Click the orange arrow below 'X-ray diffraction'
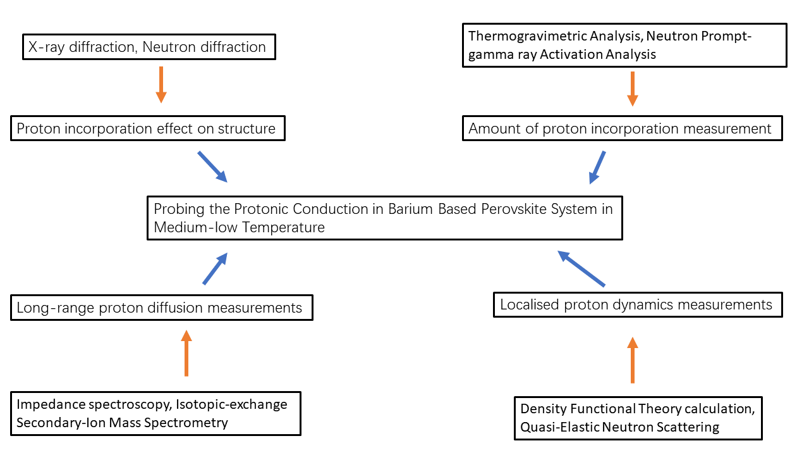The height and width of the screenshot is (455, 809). coord(161,85)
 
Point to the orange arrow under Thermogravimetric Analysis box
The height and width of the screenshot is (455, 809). coord(633,89)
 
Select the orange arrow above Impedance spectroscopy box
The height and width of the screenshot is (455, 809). coord(186,353)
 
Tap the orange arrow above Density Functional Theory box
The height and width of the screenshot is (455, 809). coord(633,360)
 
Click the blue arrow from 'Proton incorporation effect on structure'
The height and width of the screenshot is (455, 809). coord(212,166)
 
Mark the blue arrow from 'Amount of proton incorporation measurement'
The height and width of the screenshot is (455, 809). coord(597,168)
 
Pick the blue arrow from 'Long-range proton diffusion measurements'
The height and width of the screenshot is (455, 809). coord(216,269)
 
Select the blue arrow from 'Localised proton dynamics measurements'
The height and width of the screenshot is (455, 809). coord(581,269)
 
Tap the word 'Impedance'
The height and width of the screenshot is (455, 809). coord(50,405)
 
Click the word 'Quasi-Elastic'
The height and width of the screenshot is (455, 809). coord(559,427)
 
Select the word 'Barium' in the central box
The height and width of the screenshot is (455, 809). coord(410,209)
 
